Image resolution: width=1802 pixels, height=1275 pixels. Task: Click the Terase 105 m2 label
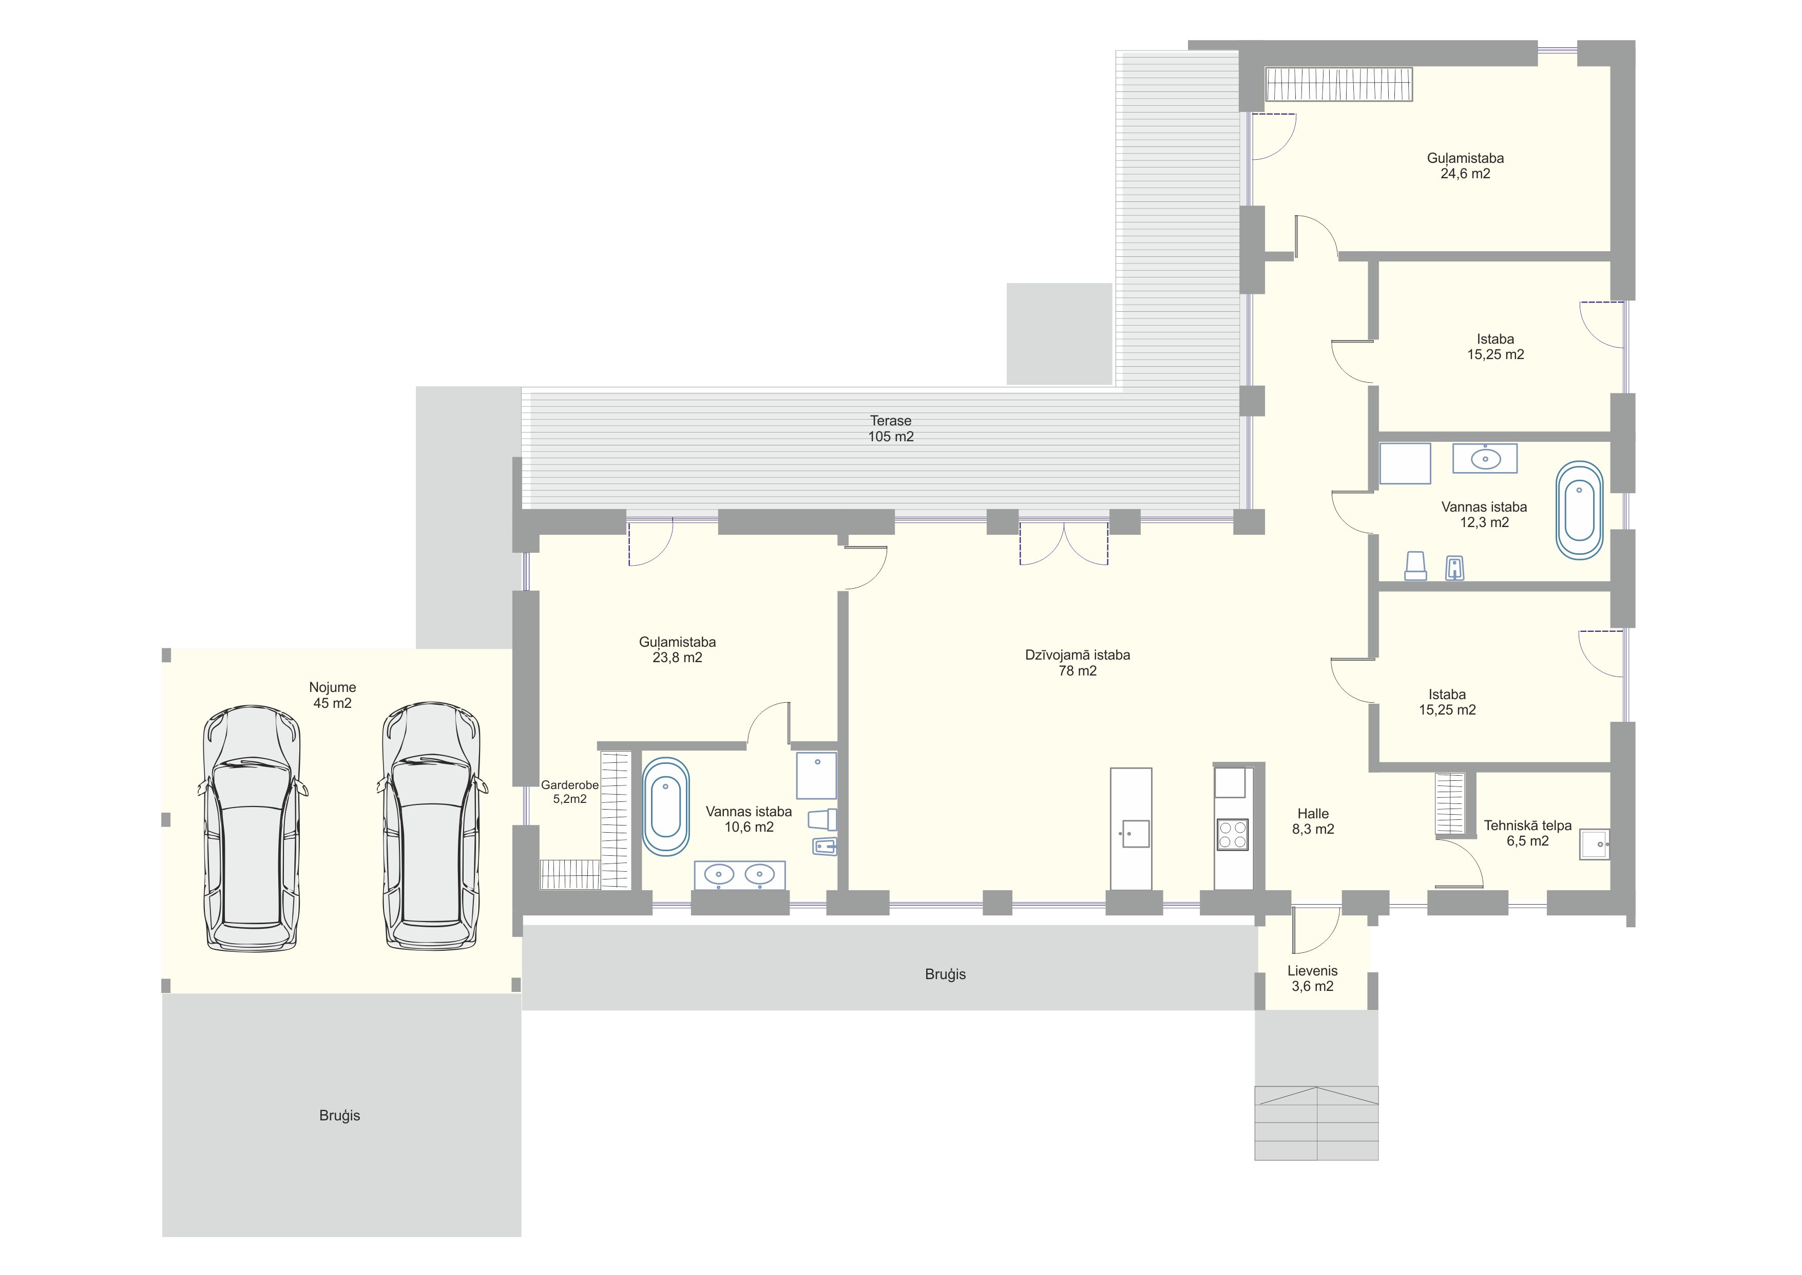tap(890, 428)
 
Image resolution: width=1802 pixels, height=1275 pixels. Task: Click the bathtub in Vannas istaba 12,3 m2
tap(1579, 510)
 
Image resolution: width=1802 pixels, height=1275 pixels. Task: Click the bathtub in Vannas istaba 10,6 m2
tap(665, 807)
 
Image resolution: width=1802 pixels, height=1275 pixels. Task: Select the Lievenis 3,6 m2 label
tap(1312, 978)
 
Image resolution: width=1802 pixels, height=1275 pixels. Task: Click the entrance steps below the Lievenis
tap(1316, 1123)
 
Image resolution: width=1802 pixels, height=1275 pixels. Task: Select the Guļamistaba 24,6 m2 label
tap(1465, 165)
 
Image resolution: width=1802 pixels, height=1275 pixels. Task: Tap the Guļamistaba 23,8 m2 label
tap(677, 650)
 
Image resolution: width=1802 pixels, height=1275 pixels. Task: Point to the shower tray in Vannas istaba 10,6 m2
tap(816, 775)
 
